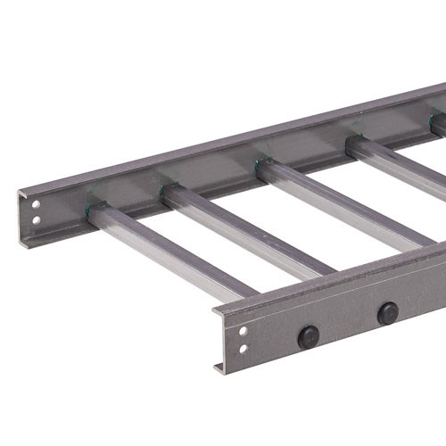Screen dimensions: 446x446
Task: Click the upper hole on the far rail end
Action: (35, 205)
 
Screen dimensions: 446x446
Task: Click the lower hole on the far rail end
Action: (35, 218)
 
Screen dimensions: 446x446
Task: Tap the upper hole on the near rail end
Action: (243, 332)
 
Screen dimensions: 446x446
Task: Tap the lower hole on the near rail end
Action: (243, 345)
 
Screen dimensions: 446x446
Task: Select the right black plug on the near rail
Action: (387, 313)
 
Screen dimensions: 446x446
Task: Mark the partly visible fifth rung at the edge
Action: (439, 127)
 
